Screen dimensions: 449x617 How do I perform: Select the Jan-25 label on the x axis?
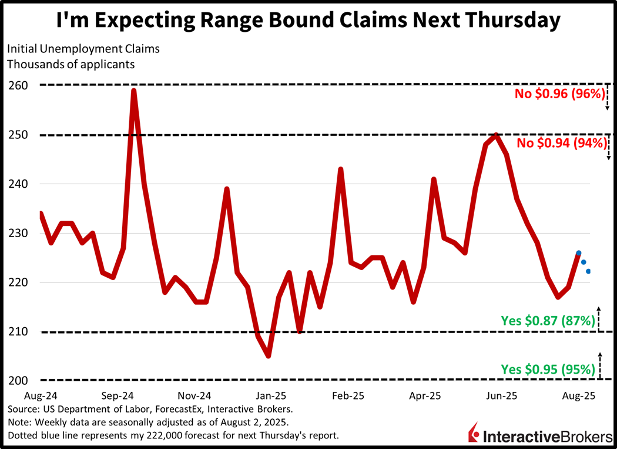point(270,395)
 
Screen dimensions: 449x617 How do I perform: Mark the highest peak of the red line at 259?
point(134,91)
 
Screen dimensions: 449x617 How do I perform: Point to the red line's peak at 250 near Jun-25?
point(497,135)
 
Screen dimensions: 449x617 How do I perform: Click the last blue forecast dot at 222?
point(588,271)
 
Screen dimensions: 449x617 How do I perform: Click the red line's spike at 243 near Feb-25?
point(341,169)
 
